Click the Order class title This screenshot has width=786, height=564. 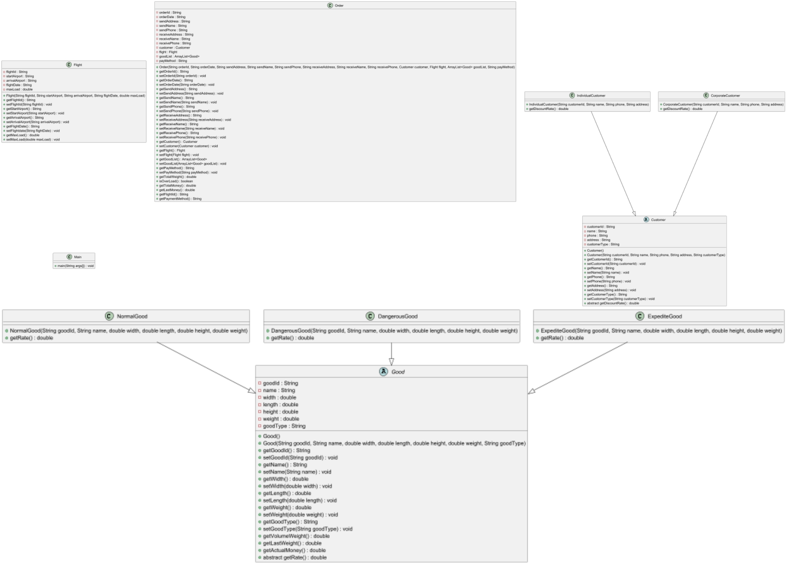click(339, 5)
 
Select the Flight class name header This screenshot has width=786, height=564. click(78, 65)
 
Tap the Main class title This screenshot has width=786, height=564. click(78, 257)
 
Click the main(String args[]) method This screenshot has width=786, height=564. click(75, 266)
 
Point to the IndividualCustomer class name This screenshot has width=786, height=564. click(591, 96)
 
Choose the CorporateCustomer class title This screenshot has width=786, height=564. click(725, 96)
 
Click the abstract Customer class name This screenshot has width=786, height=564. click(658, 220)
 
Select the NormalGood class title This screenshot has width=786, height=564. click(132, 316)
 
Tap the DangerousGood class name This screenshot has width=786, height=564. click(397, 316)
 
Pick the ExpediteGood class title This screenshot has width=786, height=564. click(664, 316)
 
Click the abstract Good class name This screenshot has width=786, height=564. click(398, 372)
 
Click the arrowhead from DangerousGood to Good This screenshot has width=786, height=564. click(392, 362)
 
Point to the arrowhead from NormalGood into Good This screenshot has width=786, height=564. click(252, 391)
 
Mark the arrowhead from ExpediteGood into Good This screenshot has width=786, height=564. click(532, 391)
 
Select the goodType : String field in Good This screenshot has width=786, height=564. click(284, 426)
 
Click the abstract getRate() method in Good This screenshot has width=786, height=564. click(295, 557)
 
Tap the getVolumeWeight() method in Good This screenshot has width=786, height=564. click(296, 536)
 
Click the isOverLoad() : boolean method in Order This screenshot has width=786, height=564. click(176, 181)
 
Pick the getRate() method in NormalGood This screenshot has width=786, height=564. click(31, 338)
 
